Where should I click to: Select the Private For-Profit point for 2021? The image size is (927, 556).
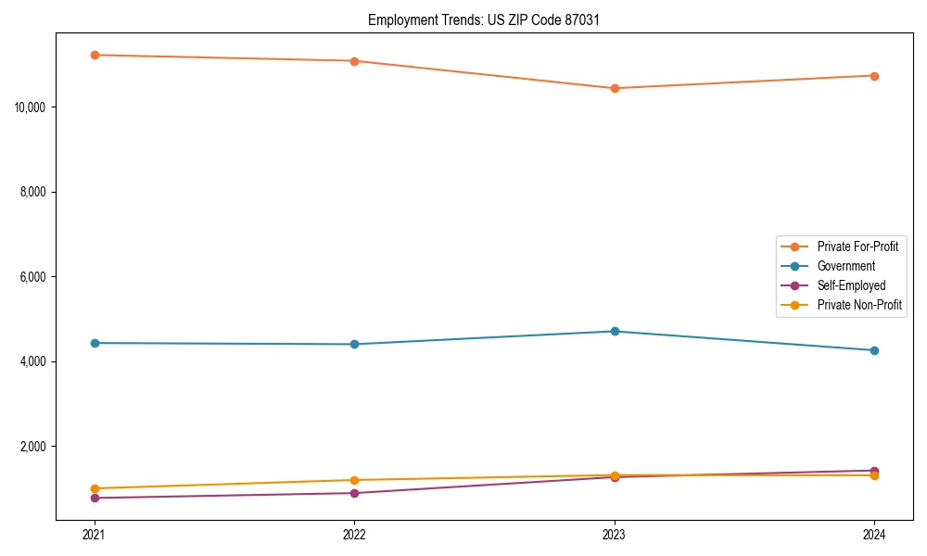tap(95, 55)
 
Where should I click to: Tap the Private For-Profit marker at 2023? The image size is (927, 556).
tap(615, 88)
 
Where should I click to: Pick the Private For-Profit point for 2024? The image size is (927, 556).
tap(874, 76)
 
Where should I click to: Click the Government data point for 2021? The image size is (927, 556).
tap(95, 343)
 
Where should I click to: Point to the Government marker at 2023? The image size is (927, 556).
tap(615, 331)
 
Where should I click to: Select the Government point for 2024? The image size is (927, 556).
tap(874, 350)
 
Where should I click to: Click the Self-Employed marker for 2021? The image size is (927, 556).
tap(95, 498)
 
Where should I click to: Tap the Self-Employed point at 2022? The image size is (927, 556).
tap(354, 493)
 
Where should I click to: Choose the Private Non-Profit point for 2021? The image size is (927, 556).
tap(95, 488)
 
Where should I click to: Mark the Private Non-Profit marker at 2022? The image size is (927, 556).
tap(354, 480)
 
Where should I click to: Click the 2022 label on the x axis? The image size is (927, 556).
tap(354, 535)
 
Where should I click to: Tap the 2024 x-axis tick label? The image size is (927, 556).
tap(874, 535)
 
